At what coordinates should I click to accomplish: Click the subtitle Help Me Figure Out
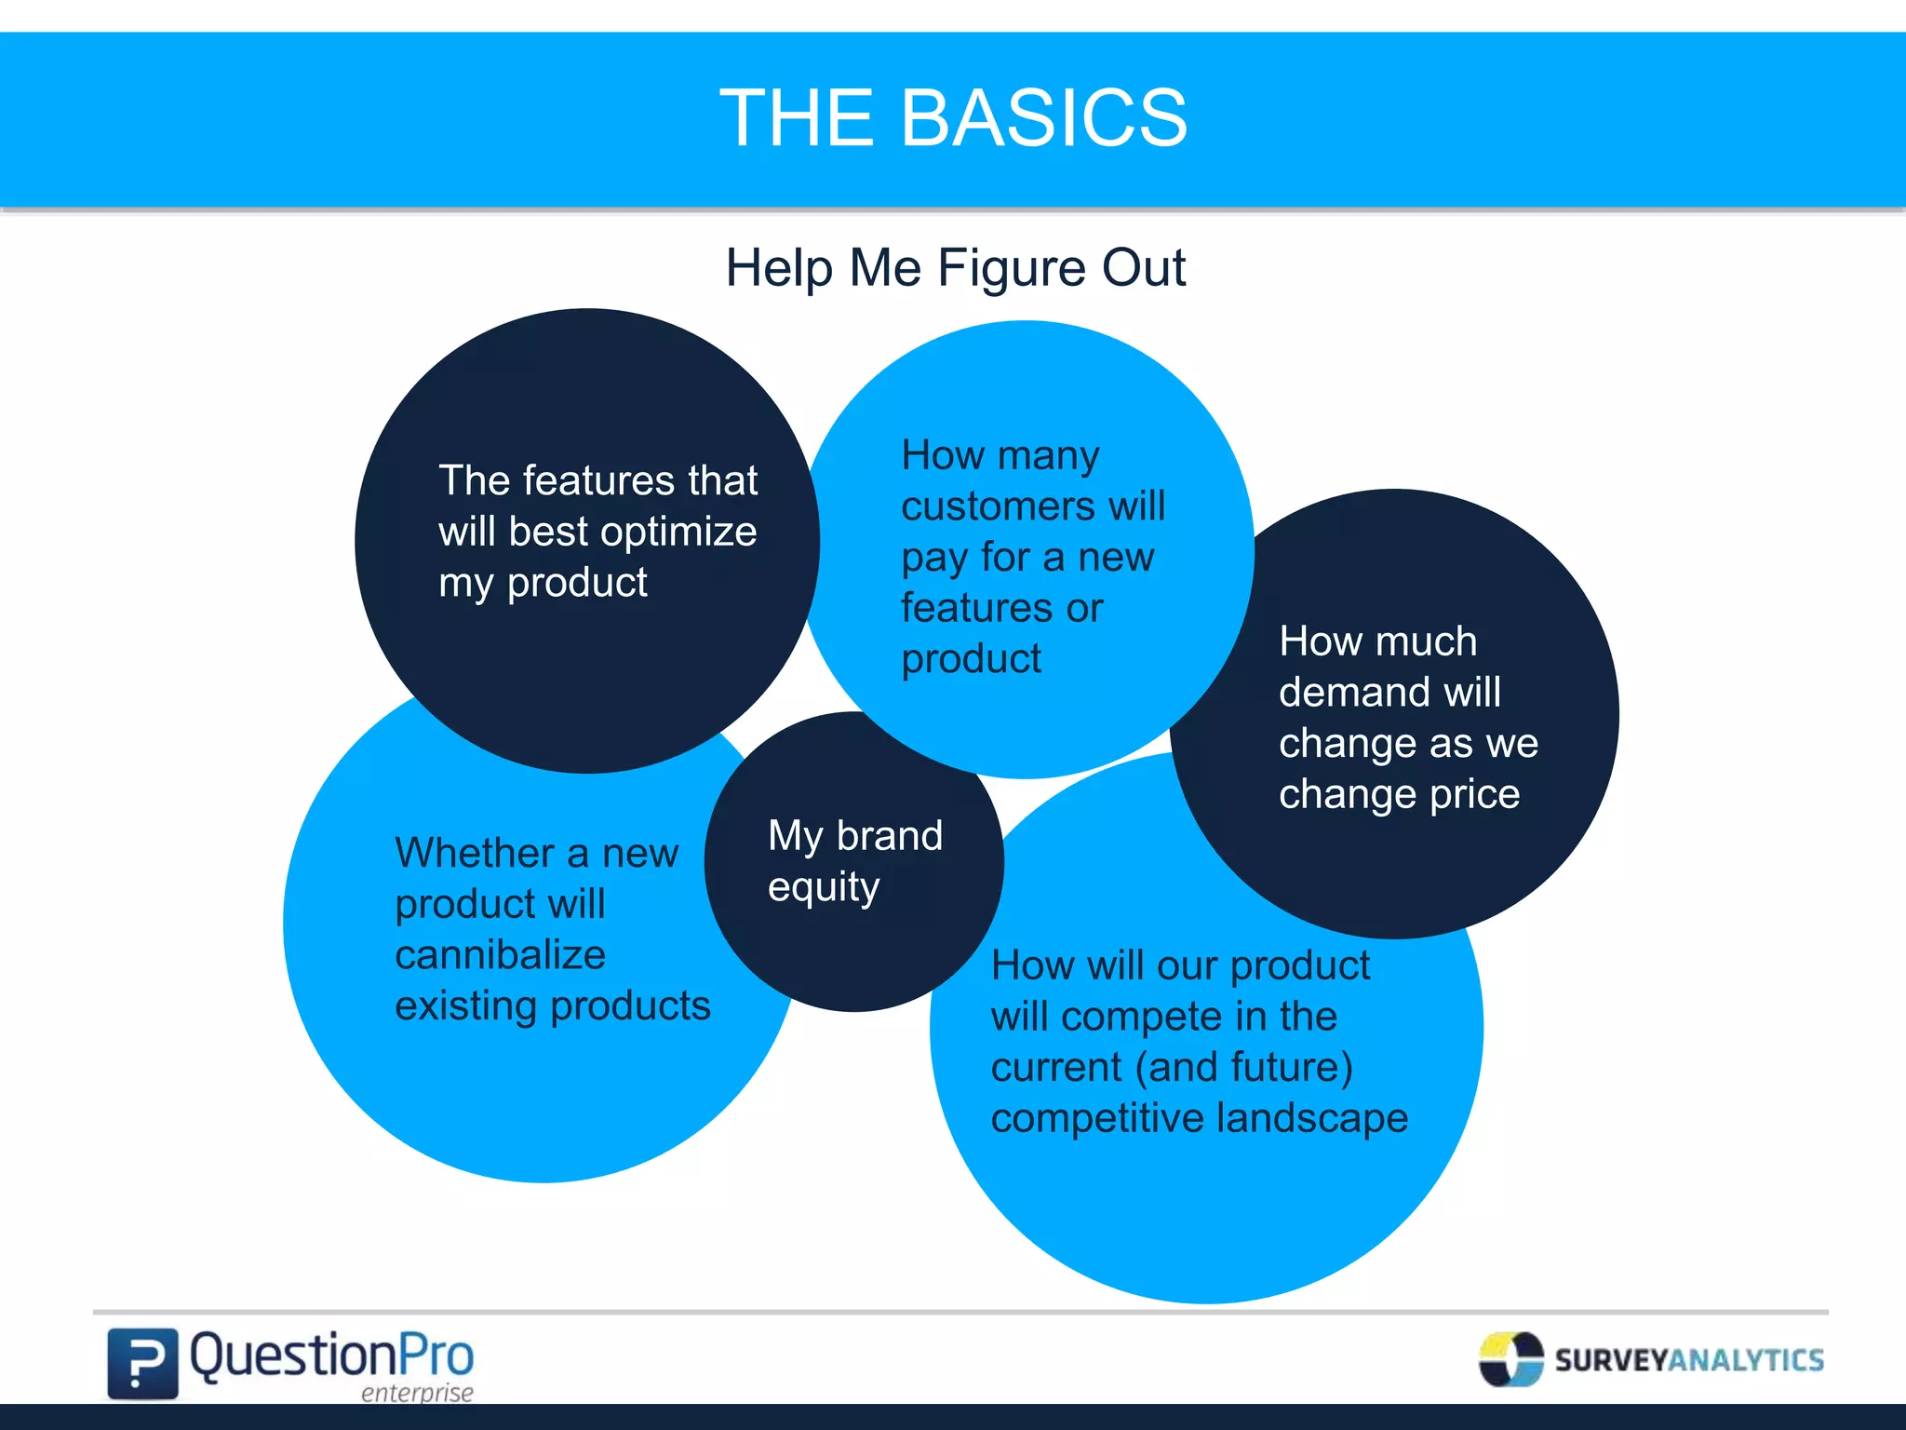(955, 268)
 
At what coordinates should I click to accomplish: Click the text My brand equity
(854, 861)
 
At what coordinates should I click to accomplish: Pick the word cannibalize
(500, 955)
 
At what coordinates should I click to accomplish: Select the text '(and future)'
(1243, 1067)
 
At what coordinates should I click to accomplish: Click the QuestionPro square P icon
(142, 1363)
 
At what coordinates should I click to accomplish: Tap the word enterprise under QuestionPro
(416, 1393)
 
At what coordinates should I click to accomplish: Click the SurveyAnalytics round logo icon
(1510, 1359)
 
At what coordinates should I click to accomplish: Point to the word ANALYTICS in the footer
(1746, 1360)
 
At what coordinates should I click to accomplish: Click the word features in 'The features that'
(598, 481)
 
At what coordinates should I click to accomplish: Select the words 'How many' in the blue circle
(1000, 456)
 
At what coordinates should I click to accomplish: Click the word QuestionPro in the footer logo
(331, 1356)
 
